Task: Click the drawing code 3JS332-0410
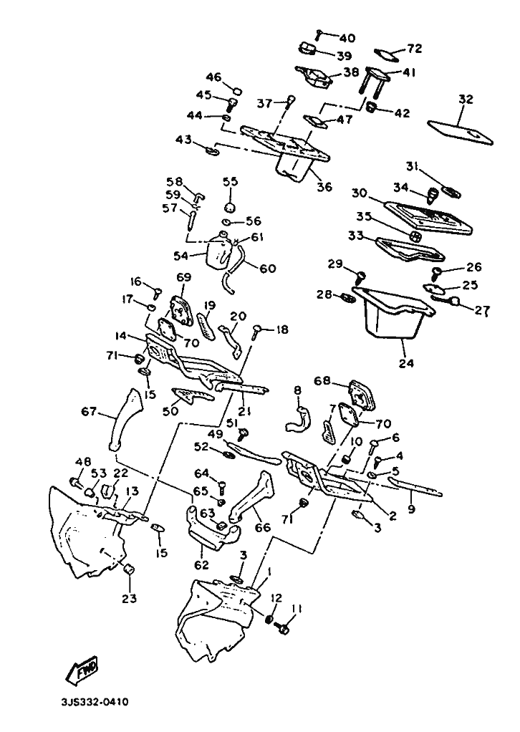tap(94, 702)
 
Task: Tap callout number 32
tap(466, 100)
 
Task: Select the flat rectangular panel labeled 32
tap(460, 132)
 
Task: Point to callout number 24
tap(406, 362)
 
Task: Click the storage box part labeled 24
tap(393, 312)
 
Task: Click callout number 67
tap(89, 411)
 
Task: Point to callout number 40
tap(347, 38)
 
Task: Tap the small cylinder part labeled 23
tap(129, 569)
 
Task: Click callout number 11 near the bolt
tap(297, 608)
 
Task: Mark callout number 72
tap(415, 48)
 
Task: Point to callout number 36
tap(324, 187)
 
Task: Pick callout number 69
tap(183, 277)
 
